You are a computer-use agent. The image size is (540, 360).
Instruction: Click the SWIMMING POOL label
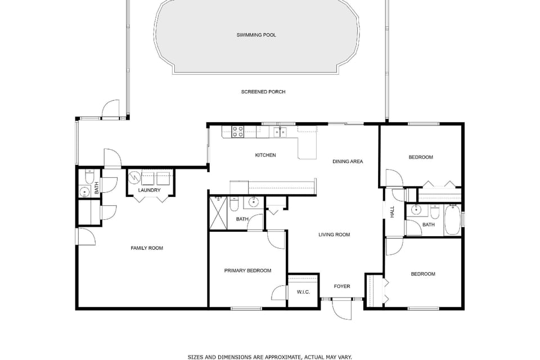pos(256,35)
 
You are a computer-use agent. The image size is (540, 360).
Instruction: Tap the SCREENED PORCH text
pos(263,92)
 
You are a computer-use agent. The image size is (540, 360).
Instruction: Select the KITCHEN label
pos(265,155)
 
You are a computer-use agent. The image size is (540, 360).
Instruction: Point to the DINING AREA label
pos(348,161)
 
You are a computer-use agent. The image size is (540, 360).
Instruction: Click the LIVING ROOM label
pos(334,235)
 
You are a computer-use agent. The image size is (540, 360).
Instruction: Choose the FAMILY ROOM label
pos(147,248)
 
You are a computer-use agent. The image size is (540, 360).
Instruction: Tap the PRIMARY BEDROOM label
pos(247,271)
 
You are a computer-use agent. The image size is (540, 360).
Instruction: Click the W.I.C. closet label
pos(303,292)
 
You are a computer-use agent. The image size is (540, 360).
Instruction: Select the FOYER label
pos(342,286)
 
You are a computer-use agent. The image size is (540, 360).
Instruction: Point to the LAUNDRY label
pos(150,190)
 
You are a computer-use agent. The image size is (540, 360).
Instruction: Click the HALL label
pos(392,212)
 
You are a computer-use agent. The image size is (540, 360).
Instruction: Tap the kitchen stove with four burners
pos(237,132)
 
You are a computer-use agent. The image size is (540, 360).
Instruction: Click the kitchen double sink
pos(280,132)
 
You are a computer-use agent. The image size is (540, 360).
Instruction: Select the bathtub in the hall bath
pos(452,219)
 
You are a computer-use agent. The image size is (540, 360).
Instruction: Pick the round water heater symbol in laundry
pos(134,178)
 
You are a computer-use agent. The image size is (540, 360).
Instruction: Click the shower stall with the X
pos(219,213)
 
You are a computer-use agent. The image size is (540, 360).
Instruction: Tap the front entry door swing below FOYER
pos(343,309)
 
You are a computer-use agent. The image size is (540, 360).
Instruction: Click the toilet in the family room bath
pos(89,177)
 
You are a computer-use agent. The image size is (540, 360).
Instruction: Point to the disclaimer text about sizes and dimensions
pos(269,357)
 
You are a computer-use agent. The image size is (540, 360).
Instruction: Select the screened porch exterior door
pos(111,109)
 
